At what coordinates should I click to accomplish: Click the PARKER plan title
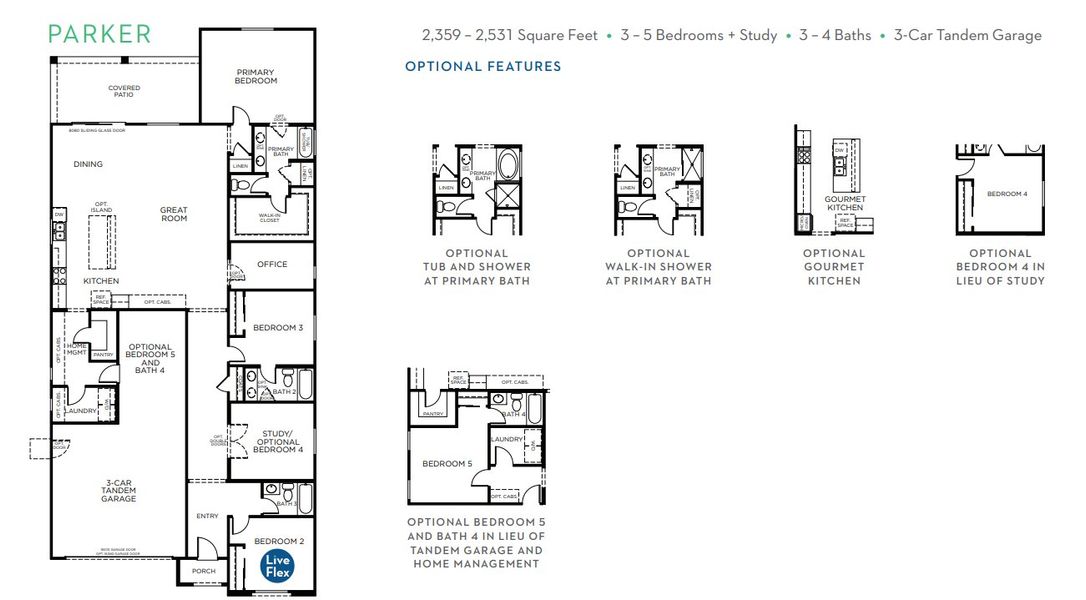100,34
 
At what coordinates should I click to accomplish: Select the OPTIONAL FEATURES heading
483,67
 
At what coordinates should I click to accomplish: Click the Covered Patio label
124,91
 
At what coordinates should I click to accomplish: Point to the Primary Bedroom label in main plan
256,76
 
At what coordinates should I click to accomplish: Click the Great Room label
174,214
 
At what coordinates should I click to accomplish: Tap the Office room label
272,265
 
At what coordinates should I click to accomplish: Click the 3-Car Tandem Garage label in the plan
118,490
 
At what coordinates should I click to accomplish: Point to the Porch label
202,572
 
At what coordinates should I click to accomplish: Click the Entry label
207,516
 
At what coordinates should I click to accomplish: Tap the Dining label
88,164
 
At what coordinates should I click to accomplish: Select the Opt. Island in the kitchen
102,235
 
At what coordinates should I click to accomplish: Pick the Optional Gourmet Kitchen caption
833,267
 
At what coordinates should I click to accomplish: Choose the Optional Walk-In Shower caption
658,267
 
